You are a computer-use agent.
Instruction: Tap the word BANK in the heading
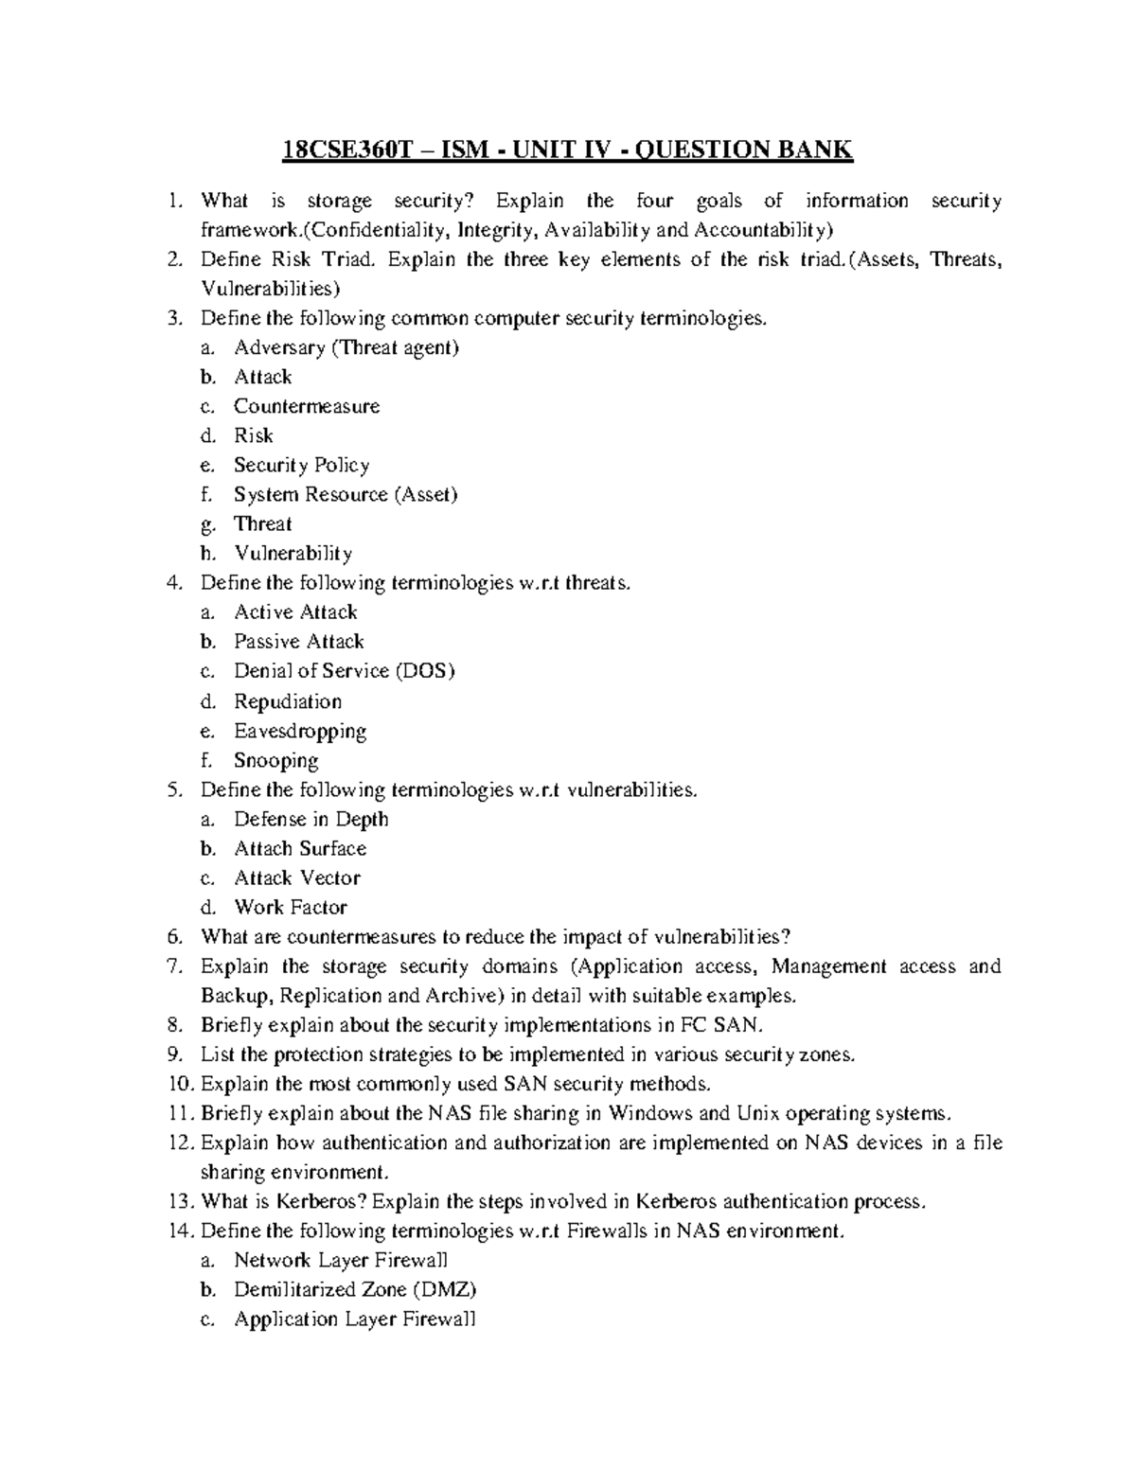[x=815, y=150]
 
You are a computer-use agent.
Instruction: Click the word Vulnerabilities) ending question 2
[x=271, y=289]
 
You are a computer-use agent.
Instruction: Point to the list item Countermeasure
[x=307, y=406]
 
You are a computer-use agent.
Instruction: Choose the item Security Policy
[x=301, y=465]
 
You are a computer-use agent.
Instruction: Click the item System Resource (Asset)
[x=346, y=494]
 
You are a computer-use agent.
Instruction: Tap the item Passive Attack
[x=299, y=641]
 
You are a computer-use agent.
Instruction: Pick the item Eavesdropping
[x=300, y=731]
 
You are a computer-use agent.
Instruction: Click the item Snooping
[x=275, y=760]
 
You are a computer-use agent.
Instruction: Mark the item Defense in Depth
[x=311, y=819]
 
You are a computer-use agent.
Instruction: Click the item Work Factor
[x=291, y=907]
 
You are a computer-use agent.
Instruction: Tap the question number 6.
[x=173, y=937]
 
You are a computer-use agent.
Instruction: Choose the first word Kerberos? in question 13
[x=321, y=1201]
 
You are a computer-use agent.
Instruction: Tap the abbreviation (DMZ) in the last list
[x=445, y=1289]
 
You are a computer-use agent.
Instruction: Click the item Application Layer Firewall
[x=355, y=1319]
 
